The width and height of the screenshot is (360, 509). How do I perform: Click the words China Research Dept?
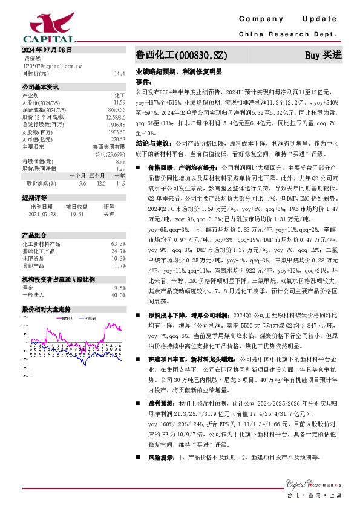[x=287, y=34]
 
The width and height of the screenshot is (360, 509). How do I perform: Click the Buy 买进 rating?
[x=323, y=55]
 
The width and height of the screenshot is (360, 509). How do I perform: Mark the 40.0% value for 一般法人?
[x=118, y=295]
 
